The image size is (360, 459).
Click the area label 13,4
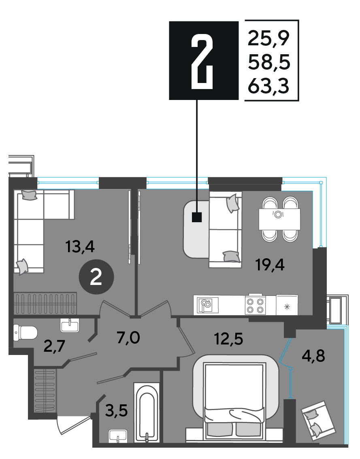[x=80, y=246]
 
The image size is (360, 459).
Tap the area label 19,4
[x=270, y=265]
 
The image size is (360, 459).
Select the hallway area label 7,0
[x=128, y=338]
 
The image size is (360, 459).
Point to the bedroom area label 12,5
[x=229, y=339]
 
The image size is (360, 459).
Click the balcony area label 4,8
[x=313, y=356]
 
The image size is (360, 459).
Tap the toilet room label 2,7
[x=54, y=346]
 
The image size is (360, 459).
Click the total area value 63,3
[x=268, y=86]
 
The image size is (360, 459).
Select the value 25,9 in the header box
[x=268, y=38]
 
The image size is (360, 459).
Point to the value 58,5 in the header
[x=269, y=62]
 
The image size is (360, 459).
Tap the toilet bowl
[x=26, y=333]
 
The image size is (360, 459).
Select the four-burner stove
[x=256, y=305]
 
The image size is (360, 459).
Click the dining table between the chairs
[x=279, y=219]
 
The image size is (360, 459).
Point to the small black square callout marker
[x=197, y=217]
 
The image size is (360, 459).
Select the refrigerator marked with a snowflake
[x=287, y=305]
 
